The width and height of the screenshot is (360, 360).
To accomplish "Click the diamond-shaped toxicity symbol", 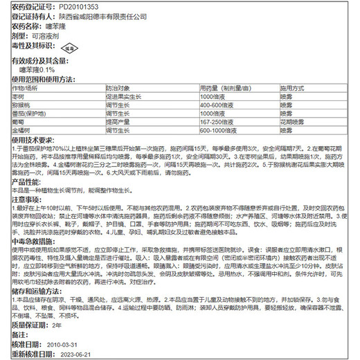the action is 69,50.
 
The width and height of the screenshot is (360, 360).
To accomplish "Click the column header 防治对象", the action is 118,88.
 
